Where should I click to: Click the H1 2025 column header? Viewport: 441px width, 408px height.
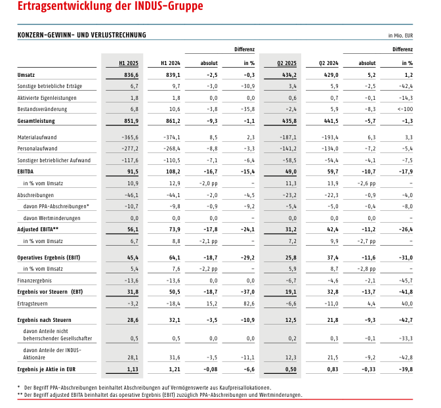[129, 63]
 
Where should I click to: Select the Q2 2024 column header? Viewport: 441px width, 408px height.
[329, 63]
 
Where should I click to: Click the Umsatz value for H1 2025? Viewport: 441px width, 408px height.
[131, 75]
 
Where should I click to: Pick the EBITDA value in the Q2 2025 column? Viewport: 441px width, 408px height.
[291, 171]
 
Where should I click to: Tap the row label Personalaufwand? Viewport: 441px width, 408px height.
[37, 148]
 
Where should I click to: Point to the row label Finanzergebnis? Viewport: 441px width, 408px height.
[34, 281]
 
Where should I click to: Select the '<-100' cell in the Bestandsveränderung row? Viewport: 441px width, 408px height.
[406, 109]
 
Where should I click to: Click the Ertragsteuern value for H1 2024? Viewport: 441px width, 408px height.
[172, 304]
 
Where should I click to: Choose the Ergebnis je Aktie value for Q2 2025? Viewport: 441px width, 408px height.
[291, 369]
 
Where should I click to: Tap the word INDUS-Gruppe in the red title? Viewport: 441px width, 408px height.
[169, 6]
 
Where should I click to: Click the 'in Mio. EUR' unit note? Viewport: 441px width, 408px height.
[400, 35]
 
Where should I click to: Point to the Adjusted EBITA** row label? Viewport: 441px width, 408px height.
[37, 229]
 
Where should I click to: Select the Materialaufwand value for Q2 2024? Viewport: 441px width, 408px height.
[330, 137]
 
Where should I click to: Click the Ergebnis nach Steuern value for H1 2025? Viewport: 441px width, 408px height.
[133, 320]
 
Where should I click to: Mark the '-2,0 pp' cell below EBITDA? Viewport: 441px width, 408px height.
[209, 183]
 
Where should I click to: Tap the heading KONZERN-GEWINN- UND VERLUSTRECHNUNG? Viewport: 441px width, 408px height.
[81, 35]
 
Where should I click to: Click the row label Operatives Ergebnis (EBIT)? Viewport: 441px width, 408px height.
[49, 258]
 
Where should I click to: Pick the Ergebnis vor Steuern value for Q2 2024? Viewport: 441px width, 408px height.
[333, 292]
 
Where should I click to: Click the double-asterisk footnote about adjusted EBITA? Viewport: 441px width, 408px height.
[159, 395]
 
